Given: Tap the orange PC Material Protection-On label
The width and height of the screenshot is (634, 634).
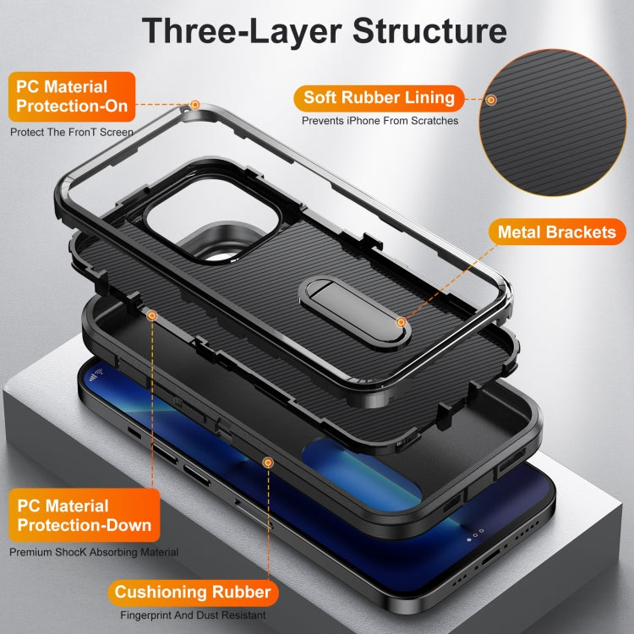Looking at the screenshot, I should [70, 96].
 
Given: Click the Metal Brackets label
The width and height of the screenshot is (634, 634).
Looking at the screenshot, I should [556, 231].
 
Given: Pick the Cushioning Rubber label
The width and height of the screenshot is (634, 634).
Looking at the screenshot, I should [193, 592].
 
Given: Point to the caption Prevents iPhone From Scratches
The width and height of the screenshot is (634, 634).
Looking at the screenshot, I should [380, 121].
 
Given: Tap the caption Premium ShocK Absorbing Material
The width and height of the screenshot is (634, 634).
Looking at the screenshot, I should [94, 552].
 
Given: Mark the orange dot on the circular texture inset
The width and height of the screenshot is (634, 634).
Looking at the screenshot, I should [491, 100].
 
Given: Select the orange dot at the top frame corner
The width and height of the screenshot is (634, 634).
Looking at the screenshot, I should [195, 106].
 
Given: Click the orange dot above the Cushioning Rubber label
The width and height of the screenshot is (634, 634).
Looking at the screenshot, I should [268, 462].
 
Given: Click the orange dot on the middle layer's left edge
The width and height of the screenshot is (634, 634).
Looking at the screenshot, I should [152, 315].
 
